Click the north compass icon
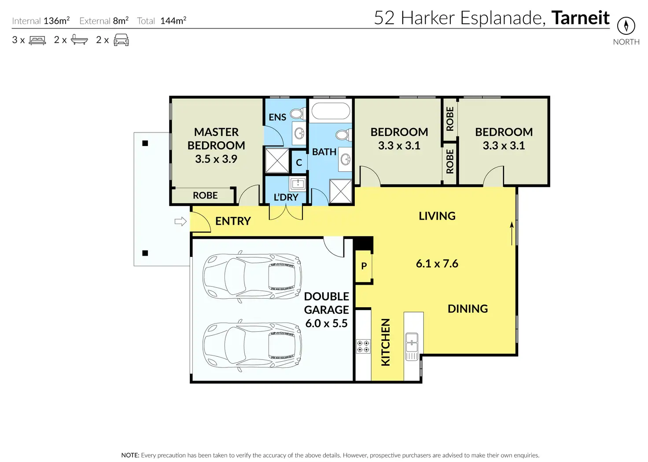tap(626, 26)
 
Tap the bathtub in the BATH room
tap(331, 111)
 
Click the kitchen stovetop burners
tap(363, 346)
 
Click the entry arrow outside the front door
tap(180, 221)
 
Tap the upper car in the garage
tap(252, 277)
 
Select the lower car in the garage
tap(252, 345)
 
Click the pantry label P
tap(364, 266)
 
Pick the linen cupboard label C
tap(299, 162)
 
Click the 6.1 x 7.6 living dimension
tap(437, 264)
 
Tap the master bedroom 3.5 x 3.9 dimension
tap(216, 159)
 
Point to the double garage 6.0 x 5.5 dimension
tap(326, 323)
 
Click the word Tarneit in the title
tap(580, 18)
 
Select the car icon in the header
tap(121, 40)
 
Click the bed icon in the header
tap(37, 40)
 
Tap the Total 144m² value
tap(173, 21)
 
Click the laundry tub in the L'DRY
tap(298, 183)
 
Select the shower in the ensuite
tap(277, 161)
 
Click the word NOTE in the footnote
tap(130, 455)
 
